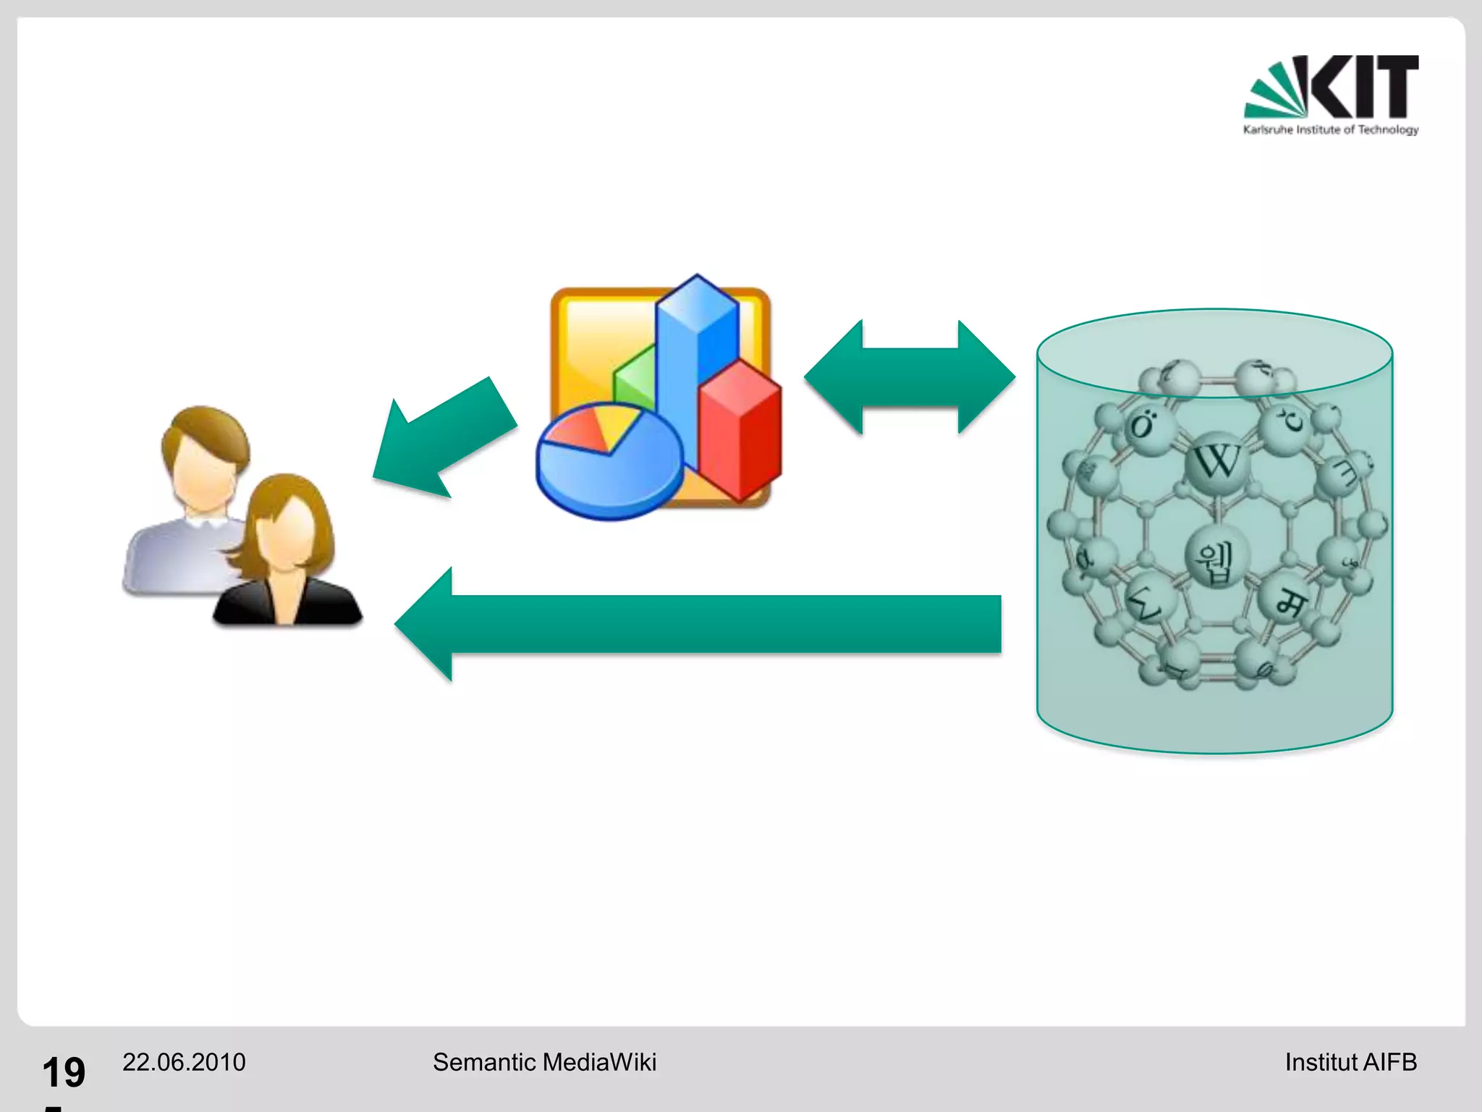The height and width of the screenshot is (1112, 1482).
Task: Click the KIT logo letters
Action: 1363,86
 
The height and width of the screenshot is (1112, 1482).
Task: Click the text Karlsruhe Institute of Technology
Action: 1331,130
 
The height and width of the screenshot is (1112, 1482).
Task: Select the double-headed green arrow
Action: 910,377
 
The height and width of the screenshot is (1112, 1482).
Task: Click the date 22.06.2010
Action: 184,1062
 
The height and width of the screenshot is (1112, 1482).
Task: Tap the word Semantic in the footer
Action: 484,1062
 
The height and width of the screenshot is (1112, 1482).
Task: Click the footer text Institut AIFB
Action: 1350,1062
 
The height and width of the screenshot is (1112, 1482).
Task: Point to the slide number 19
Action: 64,1072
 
